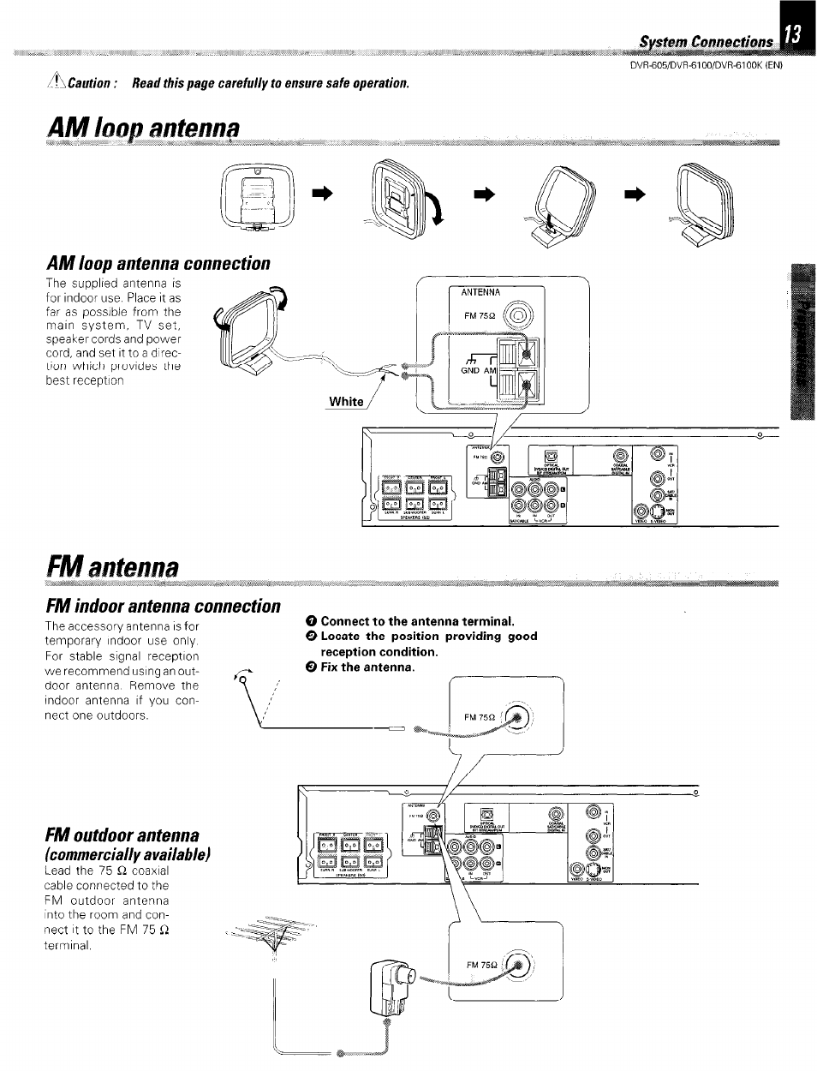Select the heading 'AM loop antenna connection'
pos(158,263)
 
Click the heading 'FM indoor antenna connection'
pos(162,606)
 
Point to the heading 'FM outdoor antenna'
pos(122,835)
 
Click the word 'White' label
pos(346,402)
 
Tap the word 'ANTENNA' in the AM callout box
pos(480,293)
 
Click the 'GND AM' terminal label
pos(479,370)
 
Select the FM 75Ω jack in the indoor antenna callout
pos(519,717)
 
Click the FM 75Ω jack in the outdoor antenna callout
pos(519,965)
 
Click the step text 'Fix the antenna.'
pos(367,667)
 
